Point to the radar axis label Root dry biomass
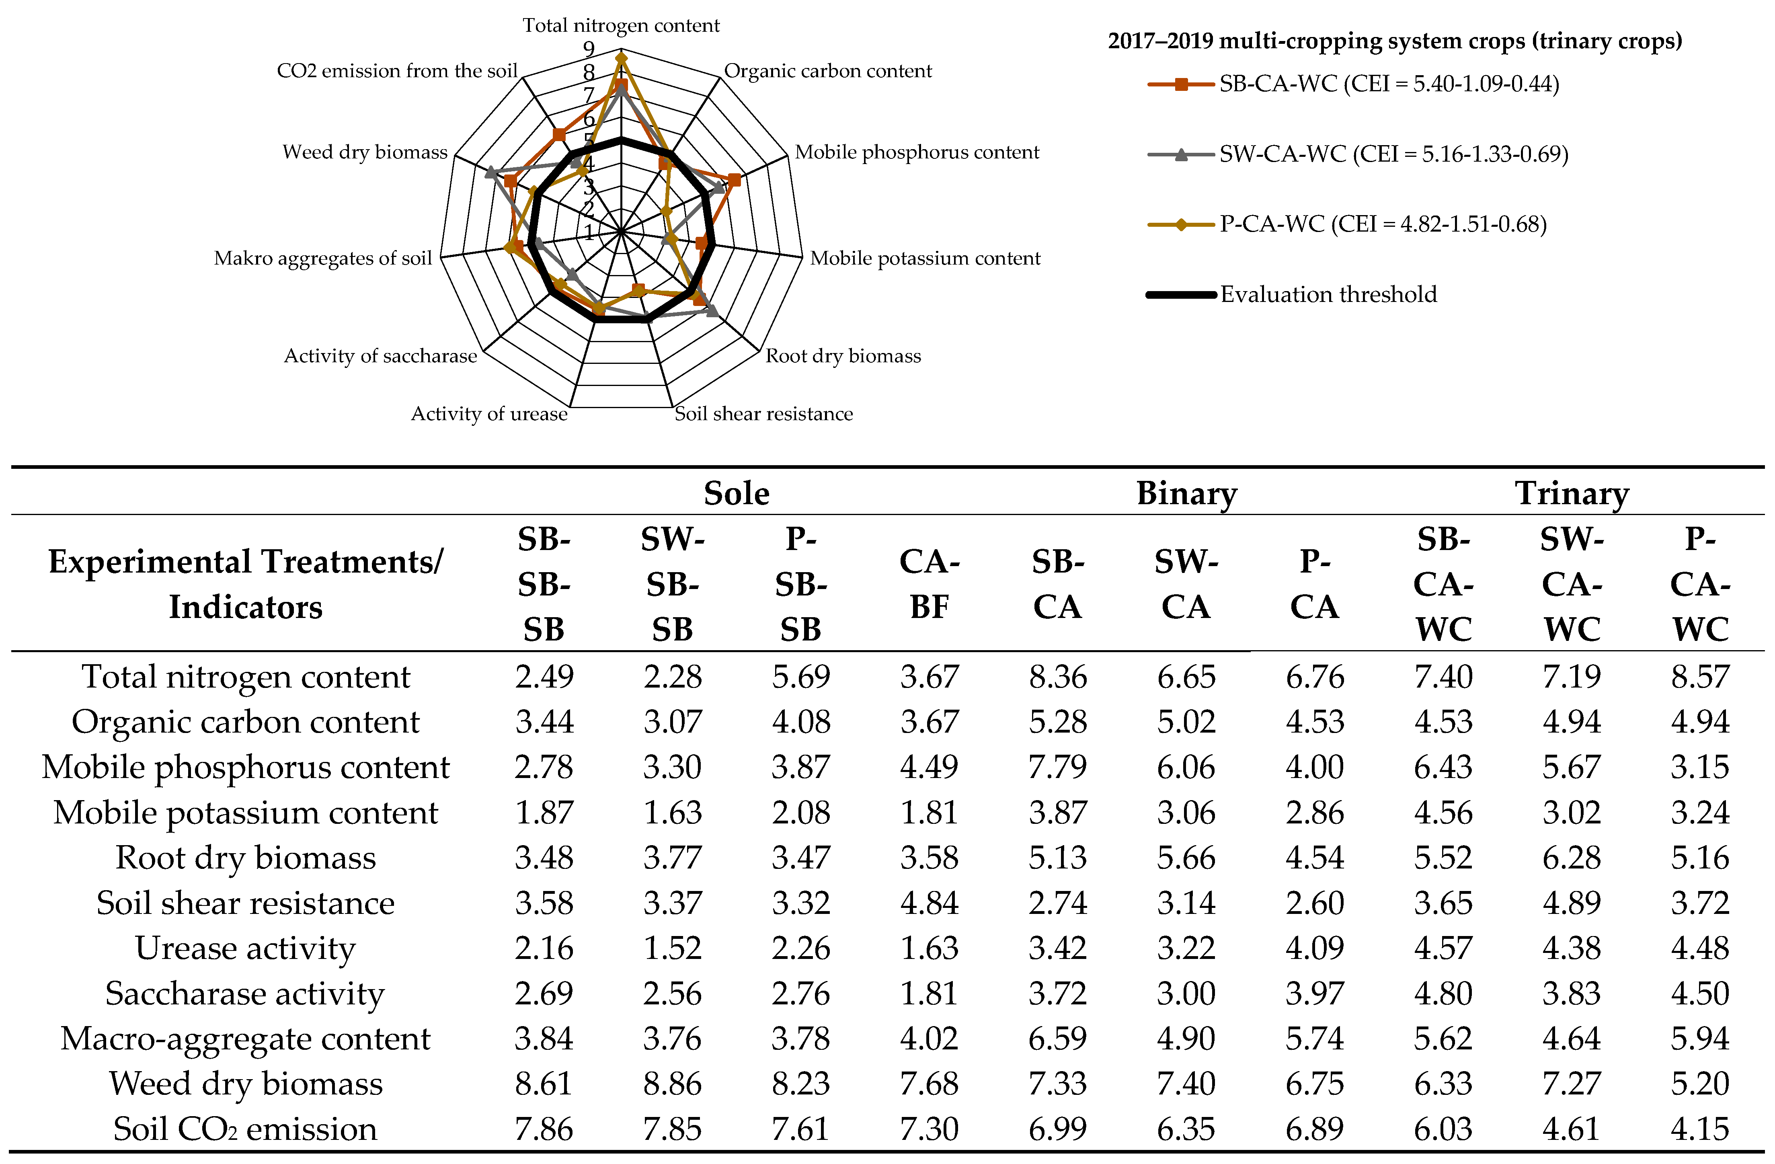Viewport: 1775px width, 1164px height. tap(843, 356)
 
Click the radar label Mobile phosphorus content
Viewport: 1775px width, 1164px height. tap(917, 152)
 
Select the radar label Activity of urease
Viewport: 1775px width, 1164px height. tap(489, 414)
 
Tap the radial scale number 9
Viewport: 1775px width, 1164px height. tap(589, 49)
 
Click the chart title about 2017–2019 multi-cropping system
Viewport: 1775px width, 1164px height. tap(1395, 41)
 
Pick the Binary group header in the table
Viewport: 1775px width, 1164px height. tap(1186, 494)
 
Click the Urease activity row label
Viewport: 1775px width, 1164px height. tap(245, 948)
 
